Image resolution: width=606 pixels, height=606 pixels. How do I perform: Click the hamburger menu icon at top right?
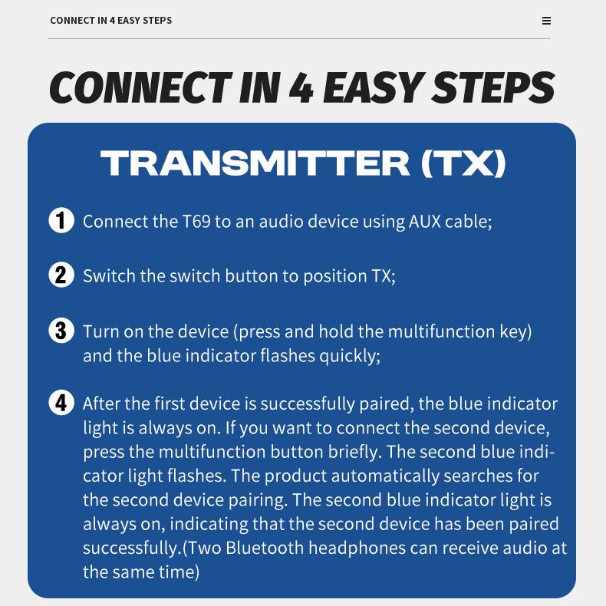tap(546, 21)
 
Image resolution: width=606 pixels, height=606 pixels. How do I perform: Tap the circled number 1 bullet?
tap(61, 220)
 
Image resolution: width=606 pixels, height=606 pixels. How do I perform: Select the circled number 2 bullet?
tap(61, 275)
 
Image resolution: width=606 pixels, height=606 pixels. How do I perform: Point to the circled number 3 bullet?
tap(61, 331)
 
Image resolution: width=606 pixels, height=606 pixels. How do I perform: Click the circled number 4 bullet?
tap(61, 403)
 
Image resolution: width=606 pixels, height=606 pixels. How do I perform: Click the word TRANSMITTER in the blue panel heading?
tap(255, 163)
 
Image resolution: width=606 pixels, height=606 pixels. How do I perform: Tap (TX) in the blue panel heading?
tap(463, 163)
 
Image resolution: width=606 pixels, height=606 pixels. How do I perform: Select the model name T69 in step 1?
tap(196, 222)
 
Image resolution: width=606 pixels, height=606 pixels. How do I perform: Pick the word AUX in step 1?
tap(425, 222)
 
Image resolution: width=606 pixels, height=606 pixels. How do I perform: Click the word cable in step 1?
tap(468, 222)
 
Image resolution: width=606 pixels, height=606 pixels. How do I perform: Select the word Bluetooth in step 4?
tap(265, 548)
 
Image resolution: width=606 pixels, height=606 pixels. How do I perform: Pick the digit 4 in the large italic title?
tap(301, 88)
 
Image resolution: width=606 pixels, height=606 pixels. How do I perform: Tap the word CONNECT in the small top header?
tap(72, 21)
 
